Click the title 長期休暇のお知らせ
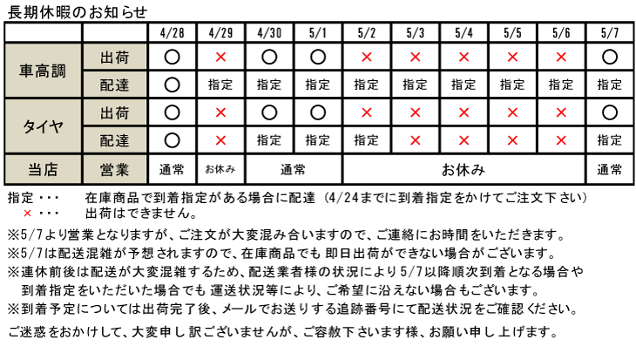[x=77, y=12]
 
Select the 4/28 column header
[x=173, y=33]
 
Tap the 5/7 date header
[x=610, y=33]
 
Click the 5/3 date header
[x=416, y=33]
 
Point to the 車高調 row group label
[x=43, y=71]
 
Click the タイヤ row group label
[x=43, y=126]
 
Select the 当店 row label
[x=43, y=169]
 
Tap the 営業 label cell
[x=114, y=169]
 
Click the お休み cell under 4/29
[x=220, y=169]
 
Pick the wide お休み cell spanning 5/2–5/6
[x=463, y=169]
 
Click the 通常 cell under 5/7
[x=609, y=169]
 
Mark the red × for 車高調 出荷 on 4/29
[x=220, y=58]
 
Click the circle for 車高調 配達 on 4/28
[x=172, y=85]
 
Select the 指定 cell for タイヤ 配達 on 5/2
[x=366, y=140]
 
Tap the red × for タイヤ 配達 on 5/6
[x=561, y=140]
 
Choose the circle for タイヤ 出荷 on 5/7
[x=610, y=112]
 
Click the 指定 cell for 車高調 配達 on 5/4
[x=463, y=85]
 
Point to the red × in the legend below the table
[x=27, y=213]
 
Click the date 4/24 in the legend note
[x=344, y=198]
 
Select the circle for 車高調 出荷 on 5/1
[x=318, y=58]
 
